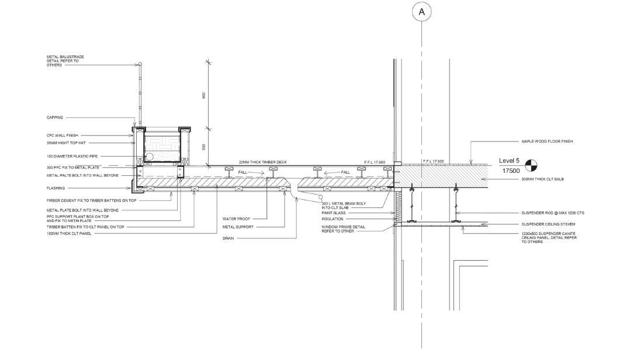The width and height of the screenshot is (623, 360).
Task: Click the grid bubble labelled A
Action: [422, 11]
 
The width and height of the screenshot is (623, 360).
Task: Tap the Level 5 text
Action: [509, 160]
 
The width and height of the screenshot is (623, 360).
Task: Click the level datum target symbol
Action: [531, 165]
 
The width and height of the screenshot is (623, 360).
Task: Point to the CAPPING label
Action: [55, 117]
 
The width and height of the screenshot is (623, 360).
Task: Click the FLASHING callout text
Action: [56, 188]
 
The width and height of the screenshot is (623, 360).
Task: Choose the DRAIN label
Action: [229, 238]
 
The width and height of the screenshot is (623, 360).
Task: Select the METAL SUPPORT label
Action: [237, 227]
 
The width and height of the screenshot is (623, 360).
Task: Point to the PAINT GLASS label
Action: [333, 213]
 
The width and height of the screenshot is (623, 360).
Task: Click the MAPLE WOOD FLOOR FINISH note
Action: [548, 141]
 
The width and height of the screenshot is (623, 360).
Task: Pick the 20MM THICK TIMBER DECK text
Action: [263, 162]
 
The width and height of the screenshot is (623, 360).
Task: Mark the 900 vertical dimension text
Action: [203, 96]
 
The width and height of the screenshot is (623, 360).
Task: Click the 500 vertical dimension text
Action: [203, 147]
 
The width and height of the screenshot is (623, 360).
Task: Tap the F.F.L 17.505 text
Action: [432, 161]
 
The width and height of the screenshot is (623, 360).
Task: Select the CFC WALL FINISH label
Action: [62, 135]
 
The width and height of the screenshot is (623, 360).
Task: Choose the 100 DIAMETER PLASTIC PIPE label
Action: [71, 156]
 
